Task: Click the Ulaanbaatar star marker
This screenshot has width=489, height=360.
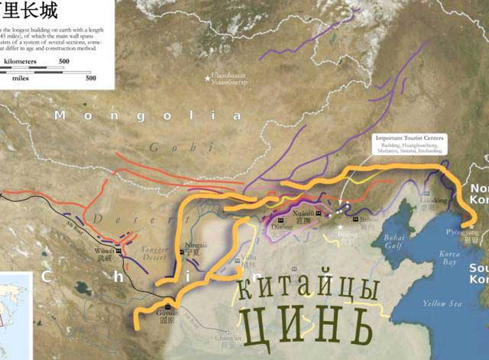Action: pos(207,78)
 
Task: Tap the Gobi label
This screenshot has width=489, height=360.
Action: pos(165,147)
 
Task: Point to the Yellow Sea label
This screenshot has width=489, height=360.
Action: pos(442,303)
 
